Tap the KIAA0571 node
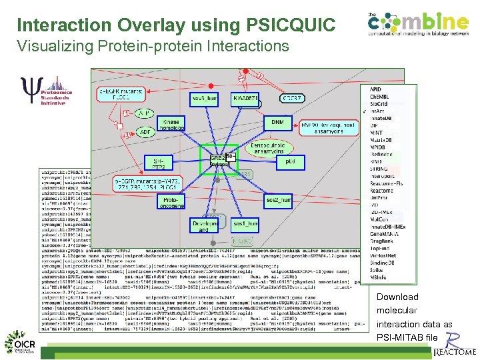(245, 99)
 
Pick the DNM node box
(277, 122)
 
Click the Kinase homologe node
(173, 126)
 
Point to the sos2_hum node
(278, 199)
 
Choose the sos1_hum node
(245, 224)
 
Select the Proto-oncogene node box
(171, 201)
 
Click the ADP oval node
(144, 132)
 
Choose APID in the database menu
(376, 89)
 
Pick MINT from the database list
(377, 133)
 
